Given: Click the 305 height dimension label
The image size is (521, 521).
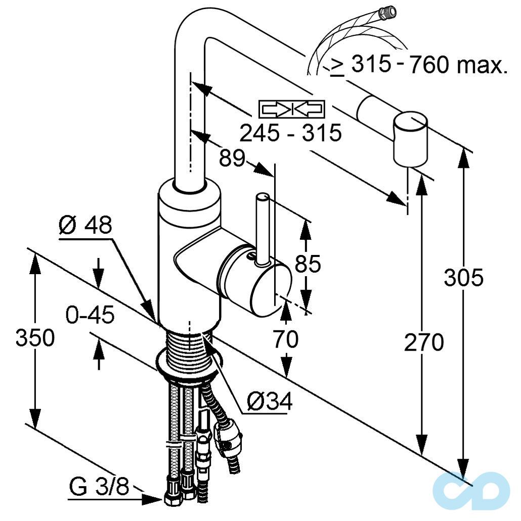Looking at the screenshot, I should [463, 277].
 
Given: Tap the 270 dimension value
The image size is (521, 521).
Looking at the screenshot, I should [423, 342].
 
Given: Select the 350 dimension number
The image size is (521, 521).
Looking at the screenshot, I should [34, 337].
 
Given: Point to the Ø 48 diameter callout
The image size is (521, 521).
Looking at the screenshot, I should [84, 226].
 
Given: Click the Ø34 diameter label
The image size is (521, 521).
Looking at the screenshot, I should [270, 402].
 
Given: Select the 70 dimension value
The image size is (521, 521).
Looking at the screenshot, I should [286, 340].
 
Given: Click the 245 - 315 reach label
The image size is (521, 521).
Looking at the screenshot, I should [290, 133].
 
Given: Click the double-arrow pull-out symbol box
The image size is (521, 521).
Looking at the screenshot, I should [291, 109].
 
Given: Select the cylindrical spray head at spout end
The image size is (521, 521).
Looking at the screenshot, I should [410, 139].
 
